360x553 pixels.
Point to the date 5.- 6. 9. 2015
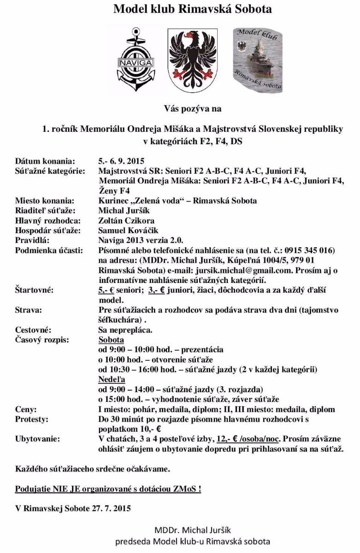coord(121,161)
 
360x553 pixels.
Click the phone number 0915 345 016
coord(309,250)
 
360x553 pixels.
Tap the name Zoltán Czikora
coord(126,221)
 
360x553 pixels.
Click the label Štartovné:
coord(34,290)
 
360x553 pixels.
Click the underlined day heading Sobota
coord(111,340)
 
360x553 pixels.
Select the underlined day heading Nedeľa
coord(111,380)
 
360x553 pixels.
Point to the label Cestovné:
coord(33,330)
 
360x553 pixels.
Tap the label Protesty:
coord(31,419)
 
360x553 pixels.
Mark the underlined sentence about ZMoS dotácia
coord(108,489)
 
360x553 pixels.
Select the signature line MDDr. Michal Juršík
coord(192,530)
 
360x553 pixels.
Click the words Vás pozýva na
coord(193,109)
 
